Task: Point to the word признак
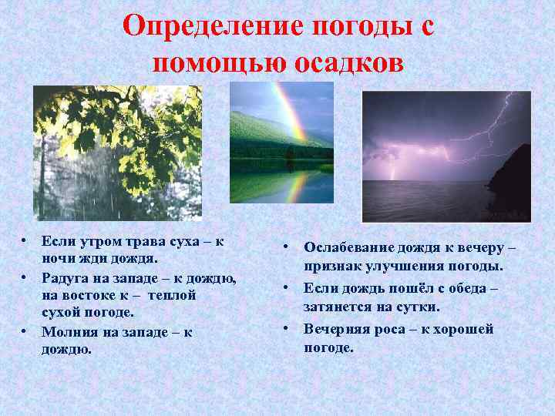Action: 329,266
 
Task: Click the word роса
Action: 389,328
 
